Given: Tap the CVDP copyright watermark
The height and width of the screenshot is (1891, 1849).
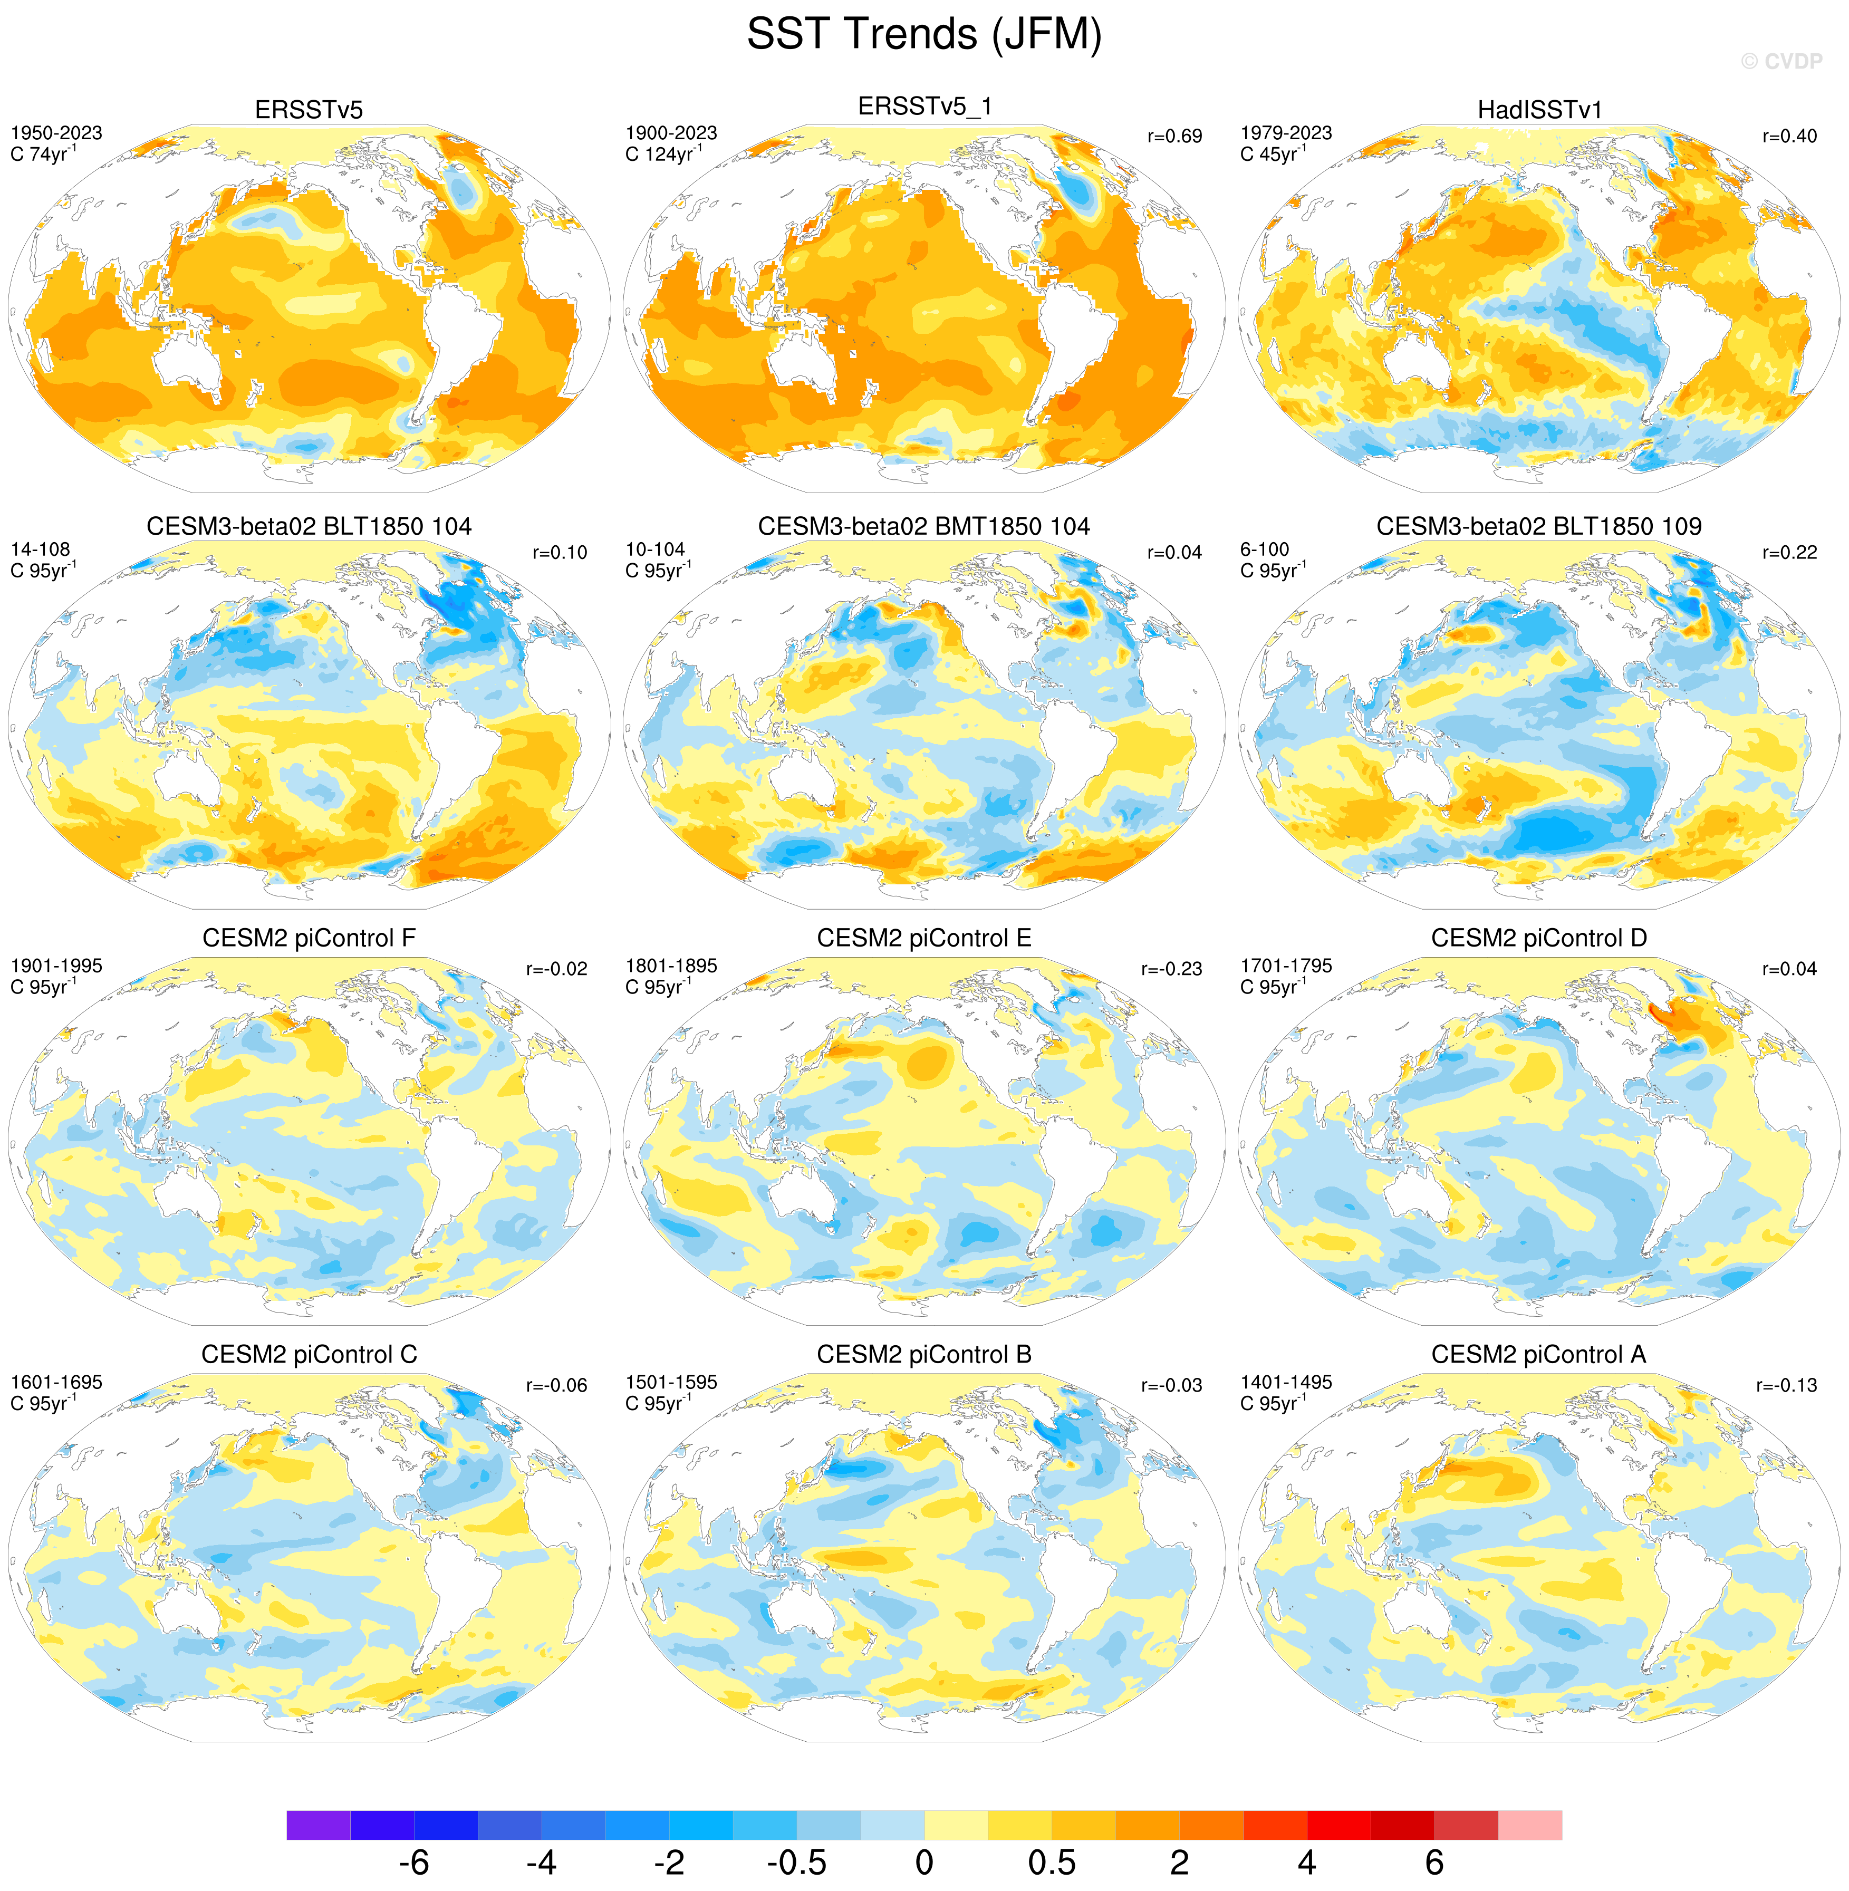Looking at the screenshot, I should pos(1781,61).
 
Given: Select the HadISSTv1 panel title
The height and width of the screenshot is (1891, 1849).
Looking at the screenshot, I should pos(1539,110).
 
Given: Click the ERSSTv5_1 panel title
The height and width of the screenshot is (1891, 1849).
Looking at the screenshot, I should pos(924,106).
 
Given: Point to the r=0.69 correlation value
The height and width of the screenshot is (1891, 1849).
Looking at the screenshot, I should pos(1174,136).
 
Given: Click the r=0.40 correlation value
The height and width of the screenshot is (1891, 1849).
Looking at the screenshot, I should pos(1789,136).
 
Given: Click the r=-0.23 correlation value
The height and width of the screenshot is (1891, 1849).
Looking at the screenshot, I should pos(1171,968).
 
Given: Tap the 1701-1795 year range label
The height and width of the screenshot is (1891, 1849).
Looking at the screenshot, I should pos(1286,966).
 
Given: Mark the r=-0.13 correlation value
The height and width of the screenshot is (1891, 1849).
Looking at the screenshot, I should pos(1786,1385).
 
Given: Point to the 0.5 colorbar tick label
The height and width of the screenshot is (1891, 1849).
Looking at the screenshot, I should pos(1052,1862).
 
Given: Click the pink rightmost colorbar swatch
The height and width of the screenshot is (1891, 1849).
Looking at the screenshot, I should pos(1529,1824).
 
